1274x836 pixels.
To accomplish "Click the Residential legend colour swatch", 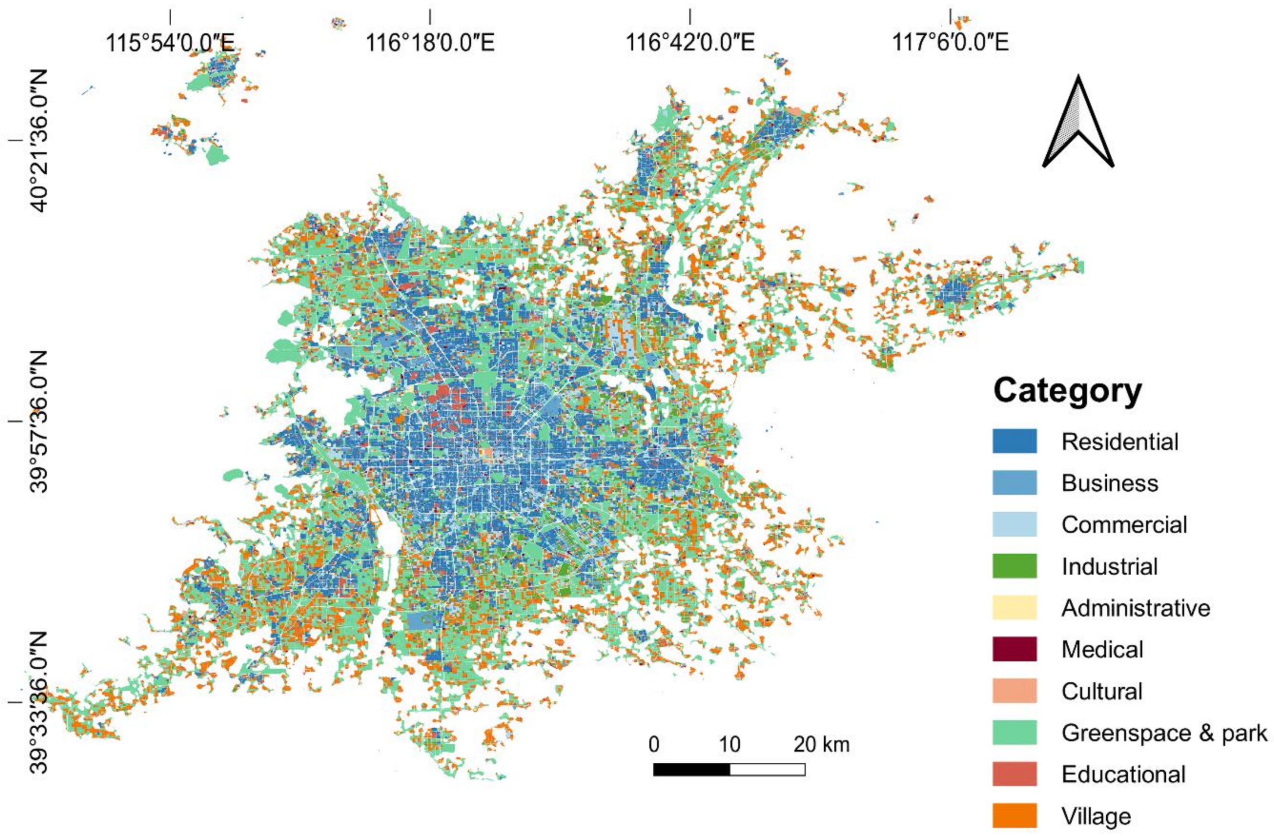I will (1014, 441).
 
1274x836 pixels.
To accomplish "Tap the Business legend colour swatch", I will (1014, 483).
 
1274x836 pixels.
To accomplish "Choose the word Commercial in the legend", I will (1124, 525).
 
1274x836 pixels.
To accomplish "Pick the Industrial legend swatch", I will (1014, 566).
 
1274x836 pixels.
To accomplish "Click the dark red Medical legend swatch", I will (1014, 649).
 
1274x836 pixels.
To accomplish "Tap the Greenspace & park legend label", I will (1164, 732).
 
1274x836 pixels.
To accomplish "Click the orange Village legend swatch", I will (1014, 816).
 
